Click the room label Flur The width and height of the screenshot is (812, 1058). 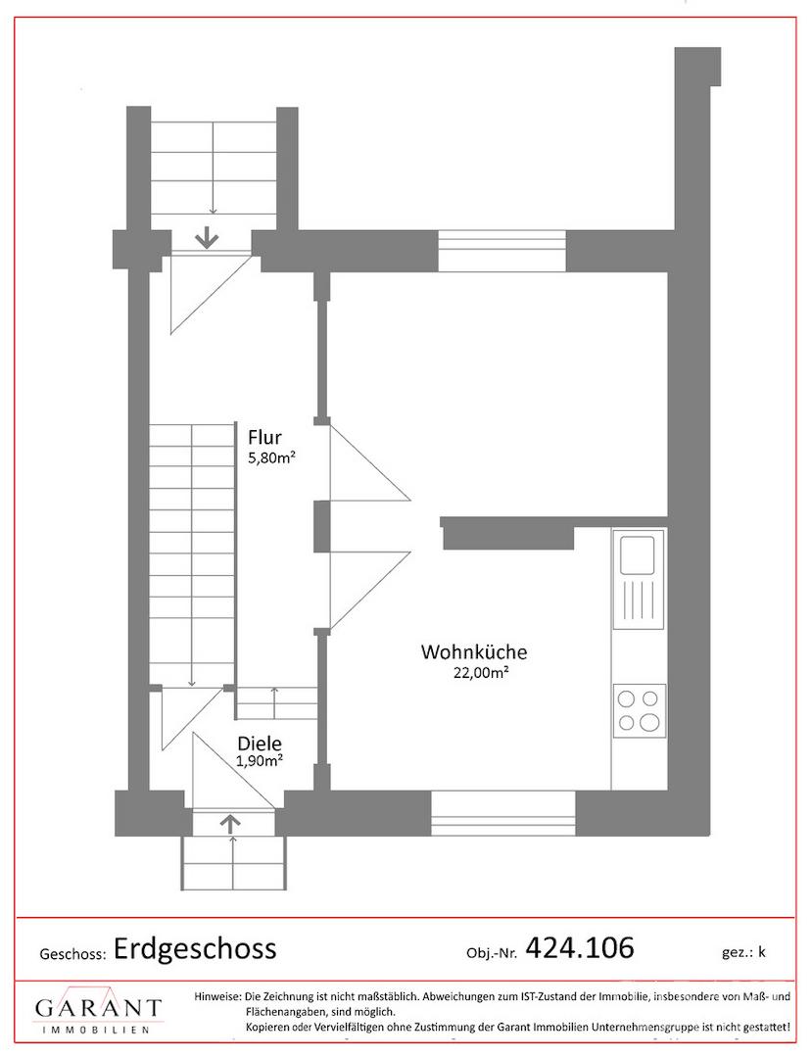coord(264,437)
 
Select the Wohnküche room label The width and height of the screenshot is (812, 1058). coord(474,651)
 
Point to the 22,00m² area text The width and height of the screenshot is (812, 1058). coord(481,672)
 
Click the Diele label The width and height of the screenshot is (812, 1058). coord(260,744)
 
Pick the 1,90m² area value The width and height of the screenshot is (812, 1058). coord(259,761)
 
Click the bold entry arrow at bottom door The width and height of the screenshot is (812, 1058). coord(230,822)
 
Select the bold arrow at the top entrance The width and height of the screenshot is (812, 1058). coord(207,238)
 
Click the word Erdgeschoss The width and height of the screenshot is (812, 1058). coord(195,948)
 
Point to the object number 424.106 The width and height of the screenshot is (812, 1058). coord(579,947)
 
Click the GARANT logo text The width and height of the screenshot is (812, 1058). coord(99,1008)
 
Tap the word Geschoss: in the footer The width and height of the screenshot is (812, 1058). coord(72,954)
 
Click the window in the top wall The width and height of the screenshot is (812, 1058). coord(502,251)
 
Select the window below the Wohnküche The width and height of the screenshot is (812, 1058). coord(503,812)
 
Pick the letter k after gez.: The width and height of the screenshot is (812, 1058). coord(761,952)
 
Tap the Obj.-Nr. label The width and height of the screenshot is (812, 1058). coord(492,953)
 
